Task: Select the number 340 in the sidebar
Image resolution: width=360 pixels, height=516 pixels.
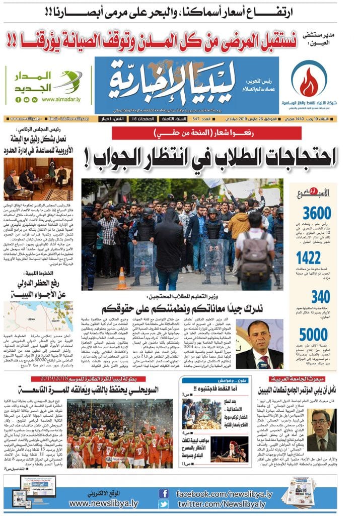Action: click(x=320, y=297)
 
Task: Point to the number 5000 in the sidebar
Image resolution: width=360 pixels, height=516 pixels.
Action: click(x=313, y=335)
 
